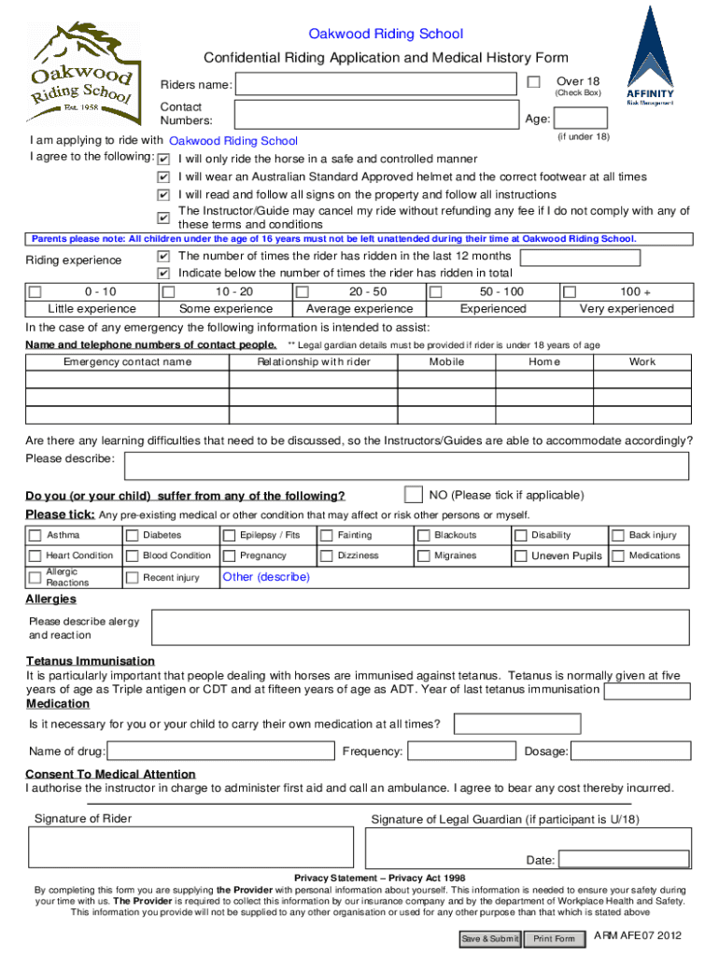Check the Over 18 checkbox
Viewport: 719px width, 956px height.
coord(533,83)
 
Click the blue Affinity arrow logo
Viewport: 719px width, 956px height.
coord(650,51)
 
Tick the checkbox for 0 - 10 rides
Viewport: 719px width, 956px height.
coord(35,292)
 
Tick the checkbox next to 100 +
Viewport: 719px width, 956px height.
coord(569,292)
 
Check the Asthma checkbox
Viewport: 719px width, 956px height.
coord(35,536)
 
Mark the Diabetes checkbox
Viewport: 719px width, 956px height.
coord(132,536)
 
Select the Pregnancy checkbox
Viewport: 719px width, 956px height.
coord(229,556)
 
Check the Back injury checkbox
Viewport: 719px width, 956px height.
coord(617,536)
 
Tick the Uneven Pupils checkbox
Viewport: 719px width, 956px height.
coord(520,556)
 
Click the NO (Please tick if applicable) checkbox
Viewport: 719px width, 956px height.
coord(413,493)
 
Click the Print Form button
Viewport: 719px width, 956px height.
coord(554,938)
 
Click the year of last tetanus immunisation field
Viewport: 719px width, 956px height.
coord(647,691)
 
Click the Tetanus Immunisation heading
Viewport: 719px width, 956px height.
coord(90,661)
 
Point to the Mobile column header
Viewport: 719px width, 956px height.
coord(446,362)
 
